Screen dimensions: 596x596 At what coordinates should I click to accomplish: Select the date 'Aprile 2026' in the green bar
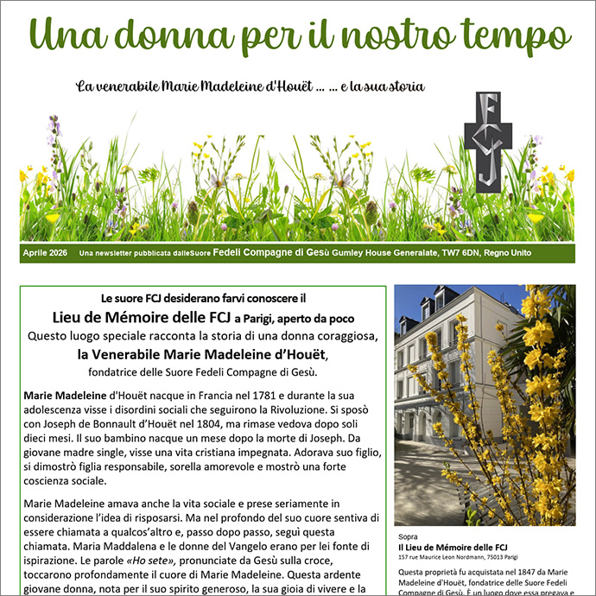coord(46,253)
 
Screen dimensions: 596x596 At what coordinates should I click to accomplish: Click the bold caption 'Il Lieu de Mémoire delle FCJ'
coord(452,548)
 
